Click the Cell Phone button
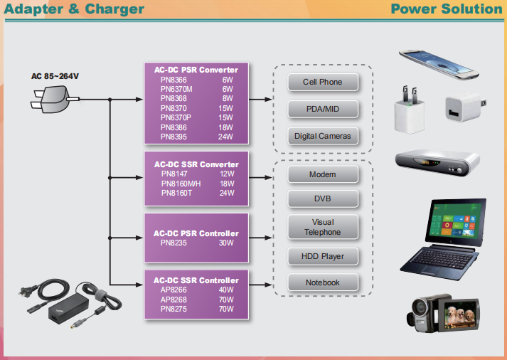(x=323, y=83)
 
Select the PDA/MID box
(x=323, y=110)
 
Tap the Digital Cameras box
(x=323, y=136)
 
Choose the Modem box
(x=323, y=174)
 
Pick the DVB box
(x=323, y=199)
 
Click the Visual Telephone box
(x=323, y=227)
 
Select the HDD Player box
(x=323, y=256)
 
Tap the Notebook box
(x=323, y=282)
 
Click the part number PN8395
(x=174, y=136)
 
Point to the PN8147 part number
(x=174, y=174)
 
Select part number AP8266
(x=174, y=290)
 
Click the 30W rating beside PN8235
(x=226, y=243)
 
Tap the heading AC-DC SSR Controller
(x=196, y=280)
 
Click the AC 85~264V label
(x=55, y=76)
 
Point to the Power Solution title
(x=447, y=9)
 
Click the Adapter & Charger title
(x=73, y=9)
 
